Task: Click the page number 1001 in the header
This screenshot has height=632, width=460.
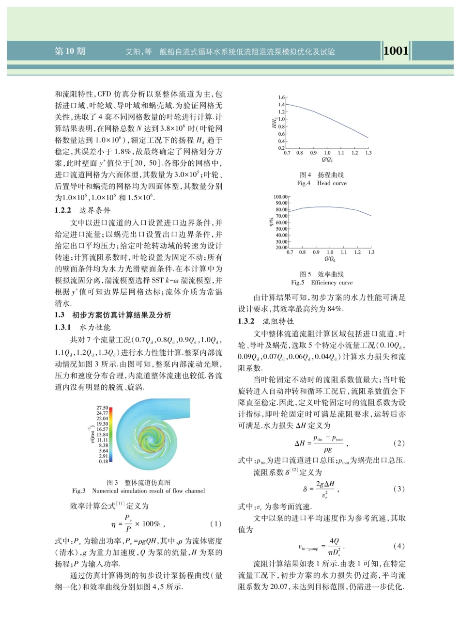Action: coord(396,50)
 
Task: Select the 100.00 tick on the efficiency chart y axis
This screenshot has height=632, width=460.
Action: coord(281,197)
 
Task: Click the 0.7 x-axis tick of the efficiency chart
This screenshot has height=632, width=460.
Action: coord(290,253)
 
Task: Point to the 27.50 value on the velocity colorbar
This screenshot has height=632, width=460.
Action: coord(103,408)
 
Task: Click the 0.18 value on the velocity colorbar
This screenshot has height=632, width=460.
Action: coord(103,462)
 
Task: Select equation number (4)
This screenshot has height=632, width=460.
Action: coord(399,546)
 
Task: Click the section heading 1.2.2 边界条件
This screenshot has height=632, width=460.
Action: coord(82,210)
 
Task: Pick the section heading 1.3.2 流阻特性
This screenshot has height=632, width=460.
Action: coord(266,321)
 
